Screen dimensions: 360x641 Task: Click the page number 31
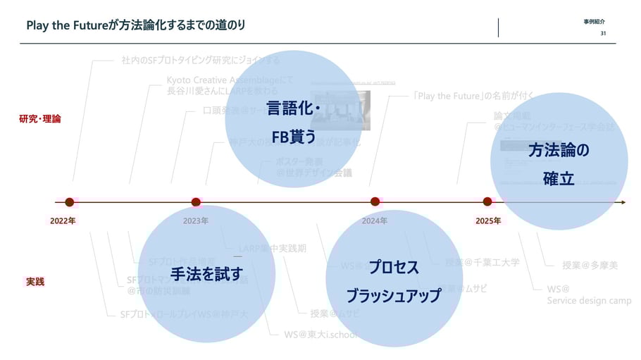603,34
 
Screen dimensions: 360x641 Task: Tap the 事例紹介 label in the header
594,22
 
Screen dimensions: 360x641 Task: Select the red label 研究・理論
40,119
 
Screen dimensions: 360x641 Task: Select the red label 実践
35,282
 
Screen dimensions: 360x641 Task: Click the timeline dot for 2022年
69,202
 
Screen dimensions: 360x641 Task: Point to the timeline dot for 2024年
375,202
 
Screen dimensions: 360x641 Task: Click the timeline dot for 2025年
487,202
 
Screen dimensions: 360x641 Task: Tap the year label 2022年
63,221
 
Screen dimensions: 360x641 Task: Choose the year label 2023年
195,221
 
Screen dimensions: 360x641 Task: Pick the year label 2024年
374,221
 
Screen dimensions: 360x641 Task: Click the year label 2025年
487,221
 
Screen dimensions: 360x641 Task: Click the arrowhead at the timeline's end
622,202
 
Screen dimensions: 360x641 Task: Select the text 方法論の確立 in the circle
559,164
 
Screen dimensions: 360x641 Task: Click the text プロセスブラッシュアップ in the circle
393,282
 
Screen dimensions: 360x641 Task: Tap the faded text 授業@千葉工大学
483,263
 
